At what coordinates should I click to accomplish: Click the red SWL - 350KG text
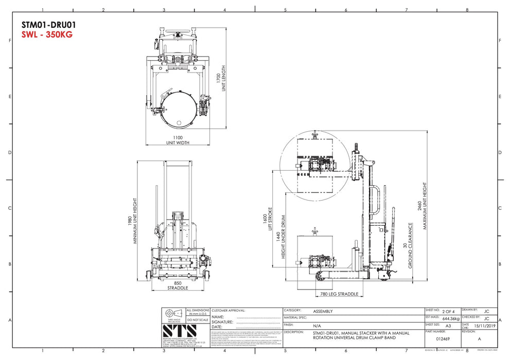point(47,34)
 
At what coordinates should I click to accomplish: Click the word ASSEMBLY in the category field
point(323,311)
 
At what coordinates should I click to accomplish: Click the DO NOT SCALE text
point(198,319)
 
